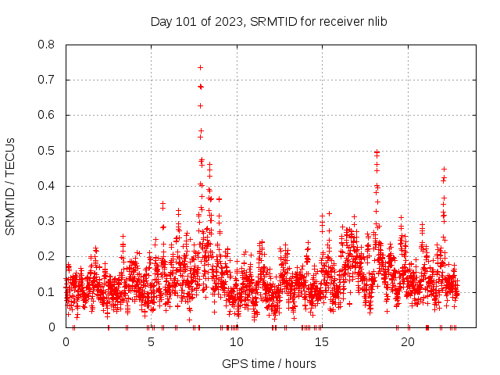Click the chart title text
coord(269,21)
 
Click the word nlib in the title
coord(375,21)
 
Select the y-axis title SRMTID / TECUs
coord(11,186)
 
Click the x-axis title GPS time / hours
coord(269,363)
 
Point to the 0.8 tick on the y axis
coord(47,45)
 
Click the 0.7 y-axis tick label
coord(47,80)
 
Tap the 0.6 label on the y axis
coord(47,115)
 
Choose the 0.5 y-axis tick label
coord(47,151)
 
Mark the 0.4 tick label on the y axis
coord(47,186)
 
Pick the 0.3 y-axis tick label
coord(47,221)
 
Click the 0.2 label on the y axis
coord(47,256)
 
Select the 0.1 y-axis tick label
coord(47,291)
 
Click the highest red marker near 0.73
coord(200,67)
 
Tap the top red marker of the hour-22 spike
coord(444,169)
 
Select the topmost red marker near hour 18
coord(377,152)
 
